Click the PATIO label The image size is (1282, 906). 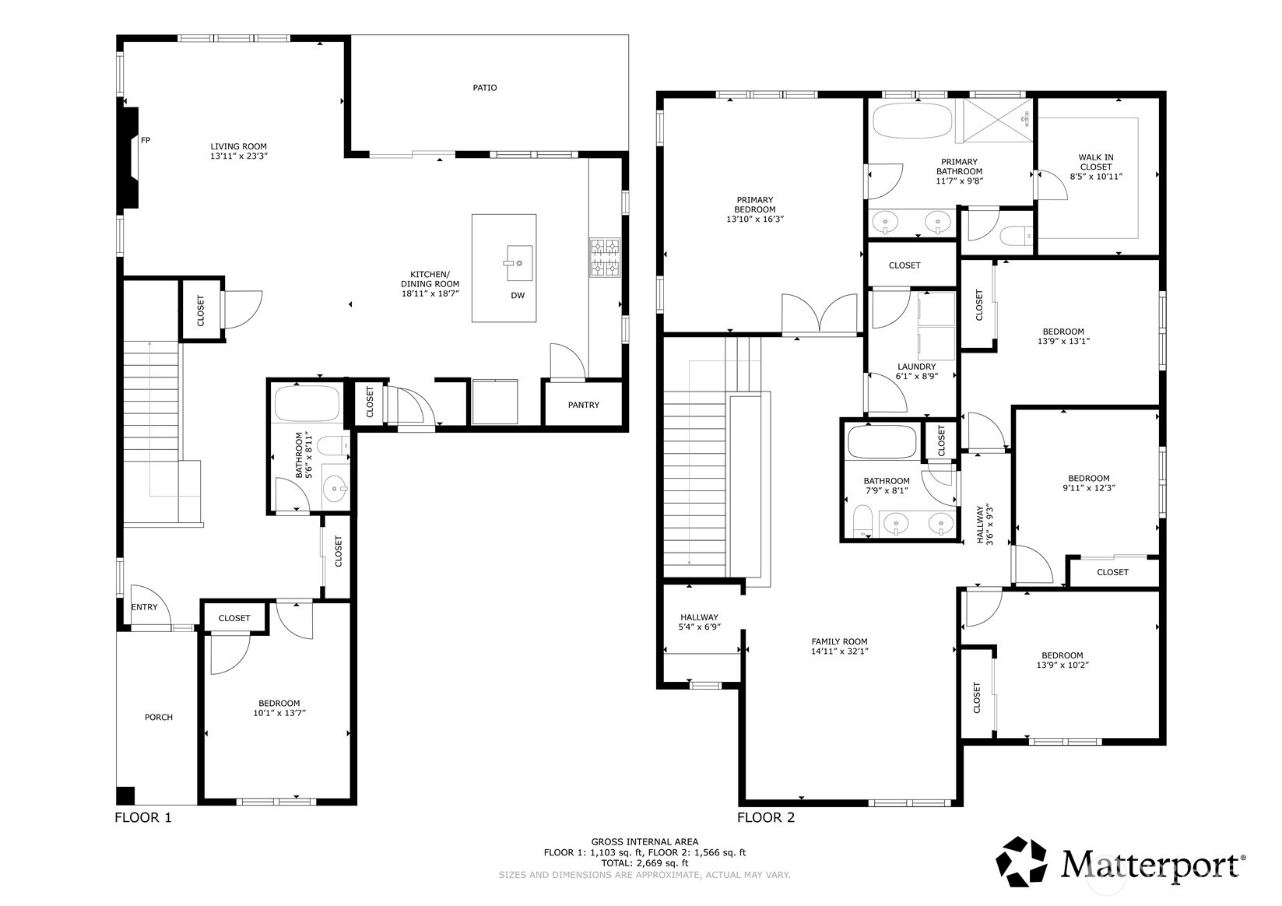click(x=484, y=88)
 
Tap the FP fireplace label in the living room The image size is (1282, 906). click(x=146, y=141)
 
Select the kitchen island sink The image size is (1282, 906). click(x=519, y=263)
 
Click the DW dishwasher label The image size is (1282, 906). click(x=518, y=296)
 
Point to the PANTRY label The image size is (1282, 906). click(x=583, y=405)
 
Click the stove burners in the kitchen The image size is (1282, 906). click(x=605, y=258)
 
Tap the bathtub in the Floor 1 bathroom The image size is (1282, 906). click(x=307, y=402)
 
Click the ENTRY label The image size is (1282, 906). click(x=144, y=607)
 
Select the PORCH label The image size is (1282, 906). click(x=159, y=718)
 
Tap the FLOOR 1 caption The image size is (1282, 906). click(x=142, y=818)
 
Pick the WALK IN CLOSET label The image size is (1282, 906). click(x=1095, y=162)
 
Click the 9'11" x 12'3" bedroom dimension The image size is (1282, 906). click(x=1088, y=488)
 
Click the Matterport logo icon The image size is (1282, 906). click(x=1024, y=862)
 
